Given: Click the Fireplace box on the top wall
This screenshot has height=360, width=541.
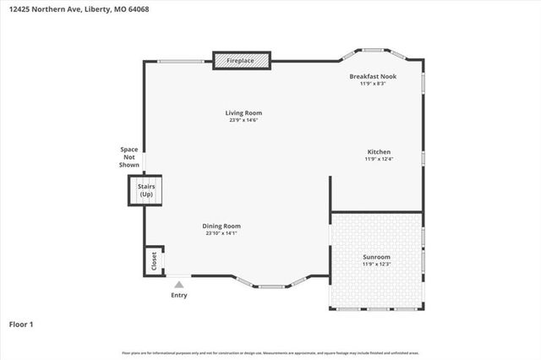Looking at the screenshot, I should pos(241,61).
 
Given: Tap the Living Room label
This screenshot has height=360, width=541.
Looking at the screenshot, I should pos(243,113).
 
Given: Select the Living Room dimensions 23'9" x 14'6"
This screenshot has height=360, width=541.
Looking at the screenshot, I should pos(243,121).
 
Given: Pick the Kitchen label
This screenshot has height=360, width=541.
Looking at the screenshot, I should pos(379,151).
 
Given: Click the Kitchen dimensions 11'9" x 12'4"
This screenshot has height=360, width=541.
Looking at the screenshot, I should pos(379,159).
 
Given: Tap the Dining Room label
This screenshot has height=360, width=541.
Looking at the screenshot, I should pos(222,226).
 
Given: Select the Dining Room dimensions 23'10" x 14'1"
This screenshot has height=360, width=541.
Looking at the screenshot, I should pos(222,233).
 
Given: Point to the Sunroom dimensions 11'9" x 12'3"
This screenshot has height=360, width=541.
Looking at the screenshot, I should pos(376,265).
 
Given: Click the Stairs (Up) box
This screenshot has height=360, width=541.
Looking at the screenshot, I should pos(145,191).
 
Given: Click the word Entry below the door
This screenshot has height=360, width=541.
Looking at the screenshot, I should pos(179,295).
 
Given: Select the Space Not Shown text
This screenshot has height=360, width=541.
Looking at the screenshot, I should pos(129,157).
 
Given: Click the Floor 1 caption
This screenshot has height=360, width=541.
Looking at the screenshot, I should pos(21,324).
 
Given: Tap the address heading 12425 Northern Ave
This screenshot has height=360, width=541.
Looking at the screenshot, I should pos(67,9).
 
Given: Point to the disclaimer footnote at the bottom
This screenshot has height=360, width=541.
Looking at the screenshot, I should pos(270,352).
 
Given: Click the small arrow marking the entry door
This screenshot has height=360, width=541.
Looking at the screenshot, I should pos(179,283).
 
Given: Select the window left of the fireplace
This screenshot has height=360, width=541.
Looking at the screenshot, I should pos(183,61).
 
